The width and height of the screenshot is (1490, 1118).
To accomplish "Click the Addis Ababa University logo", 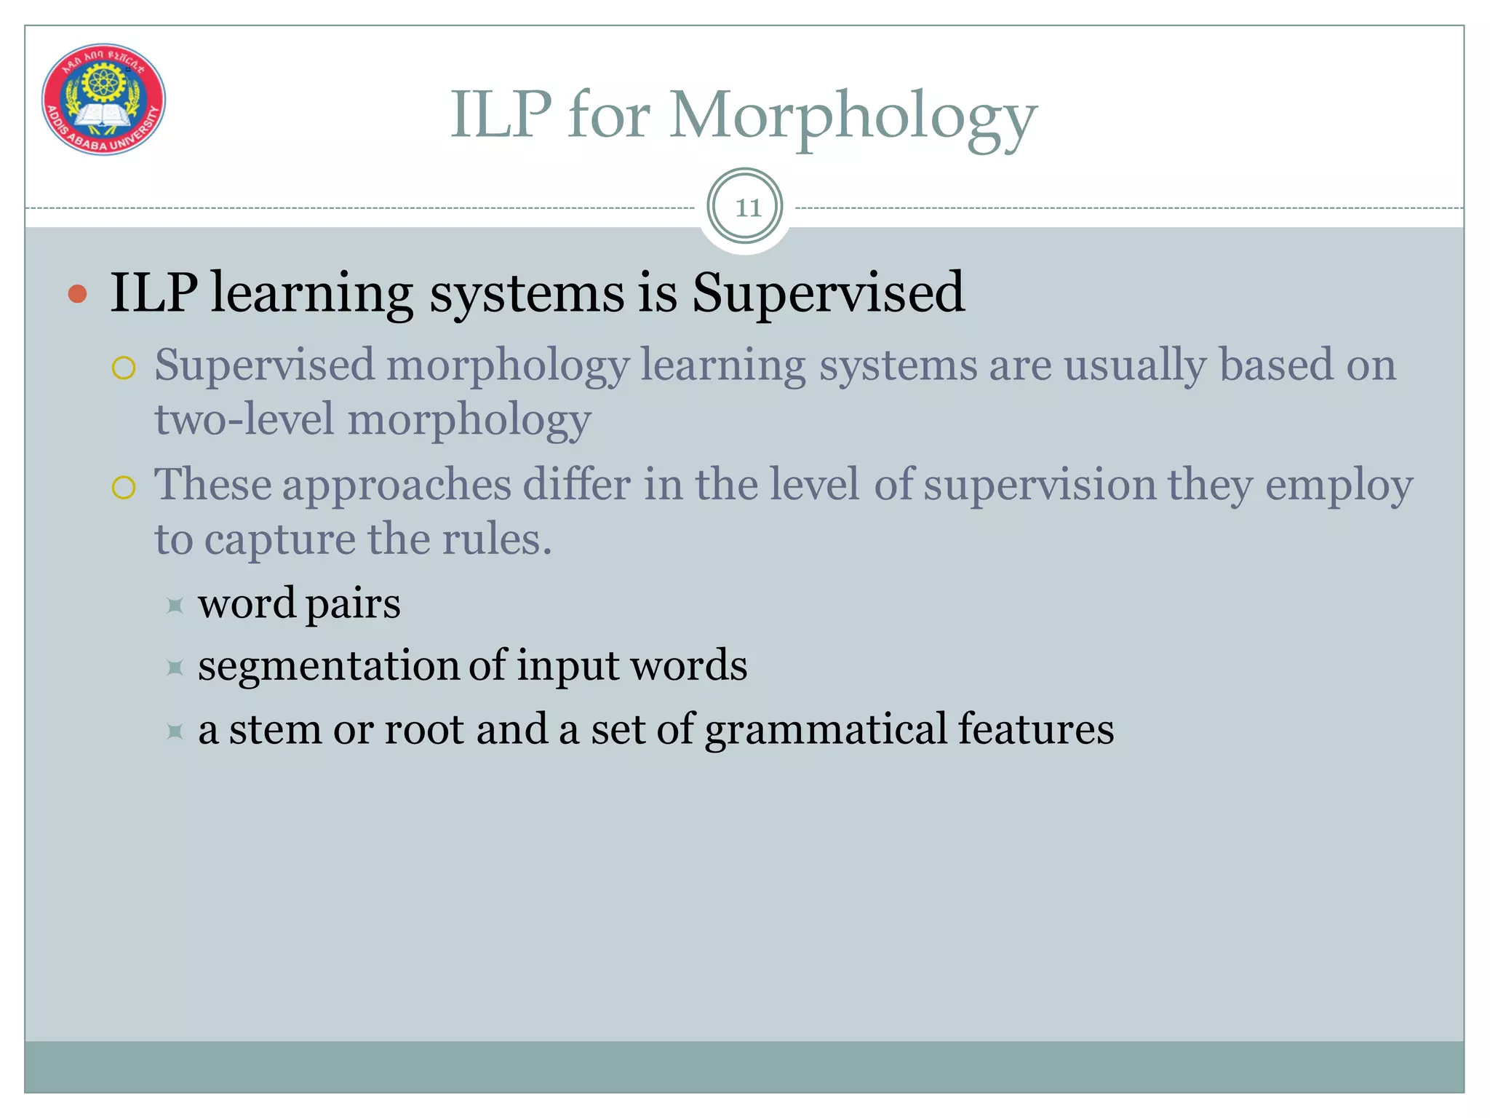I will coord(103,99).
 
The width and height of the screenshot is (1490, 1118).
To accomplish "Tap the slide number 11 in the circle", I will coord(747,208).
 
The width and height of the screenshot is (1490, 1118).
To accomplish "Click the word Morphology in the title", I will coord(852,116).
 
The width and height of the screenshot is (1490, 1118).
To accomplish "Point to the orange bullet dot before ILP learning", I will coord(77,294).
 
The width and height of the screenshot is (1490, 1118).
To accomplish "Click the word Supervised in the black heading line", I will coord(828,293).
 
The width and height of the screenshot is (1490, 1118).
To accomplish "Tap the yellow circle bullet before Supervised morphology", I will coord(124,368).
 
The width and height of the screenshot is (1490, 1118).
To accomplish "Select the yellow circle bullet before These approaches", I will coord(124,488).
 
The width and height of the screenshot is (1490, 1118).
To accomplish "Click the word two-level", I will coord(244,420).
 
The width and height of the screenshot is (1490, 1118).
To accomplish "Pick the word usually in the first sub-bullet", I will coord(1135,365).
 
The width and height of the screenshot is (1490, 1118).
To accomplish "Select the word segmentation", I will coord(327,667).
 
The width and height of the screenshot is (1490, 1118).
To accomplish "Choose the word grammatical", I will coord(826,731).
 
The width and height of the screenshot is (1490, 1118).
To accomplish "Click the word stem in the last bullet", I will coord(275,729).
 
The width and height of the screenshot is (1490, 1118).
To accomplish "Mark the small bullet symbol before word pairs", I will coord(175,605).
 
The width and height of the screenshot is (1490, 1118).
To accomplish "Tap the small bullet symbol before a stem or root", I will coord(175,731).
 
